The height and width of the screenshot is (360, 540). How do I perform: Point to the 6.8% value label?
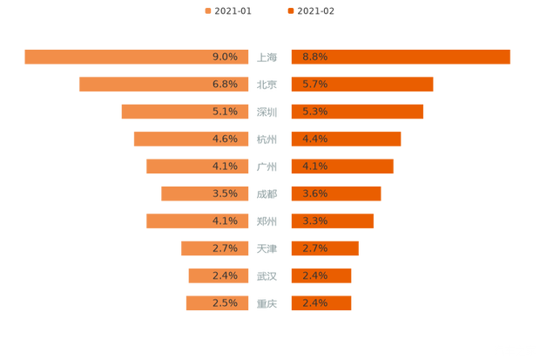[225, 85]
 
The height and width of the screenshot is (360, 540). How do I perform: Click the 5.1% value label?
[225, 112]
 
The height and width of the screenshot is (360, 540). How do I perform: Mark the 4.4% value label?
[314, 139]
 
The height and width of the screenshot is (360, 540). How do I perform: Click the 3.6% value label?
[314, 194]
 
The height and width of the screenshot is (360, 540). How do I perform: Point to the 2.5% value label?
[225, 302]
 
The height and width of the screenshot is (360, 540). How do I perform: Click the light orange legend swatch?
[207, 11]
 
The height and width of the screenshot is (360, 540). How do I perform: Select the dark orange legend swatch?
[289, 11]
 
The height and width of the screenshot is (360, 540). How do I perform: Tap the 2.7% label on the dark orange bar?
[314, 248]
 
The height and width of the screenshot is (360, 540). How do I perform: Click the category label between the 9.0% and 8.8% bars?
[269, 58]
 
